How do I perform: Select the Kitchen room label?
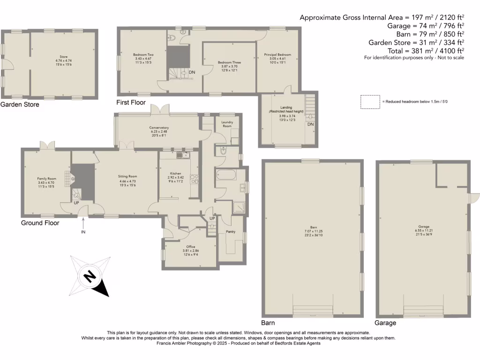176,172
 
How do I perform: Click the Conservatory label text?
159,127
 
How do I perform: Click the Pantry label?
230,232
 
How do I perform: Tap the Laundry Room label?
227,124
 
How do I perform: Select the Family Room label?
46,179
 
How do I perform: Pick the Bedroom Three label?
230,62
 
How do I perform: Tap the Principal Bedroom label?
278,55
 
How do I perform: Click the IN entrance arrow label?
83,232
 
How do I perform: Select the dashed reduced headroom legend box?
370,101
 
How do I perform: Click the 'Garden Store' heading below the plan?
20,105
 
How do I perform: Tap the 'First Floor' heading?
131,102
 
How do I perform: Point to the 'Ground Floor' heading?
40,223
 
